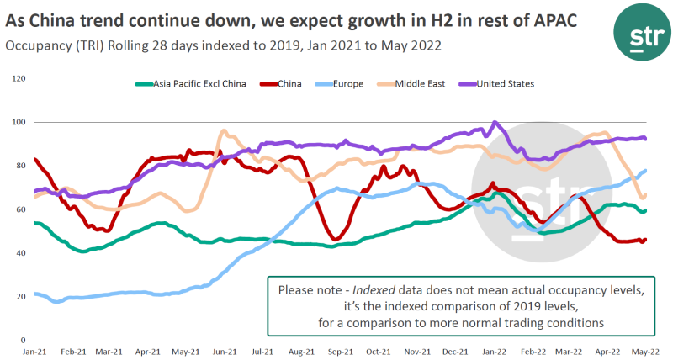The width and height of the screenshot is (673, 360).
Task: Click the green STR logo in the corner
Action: [639, 33]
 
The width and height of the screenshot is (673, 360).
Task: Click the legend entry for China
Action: [289, 84]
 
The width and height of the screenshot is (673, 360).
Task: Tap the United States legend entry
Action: [506, 84]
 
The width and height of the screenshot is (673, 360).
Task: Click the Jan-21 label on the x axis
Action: [34, 351]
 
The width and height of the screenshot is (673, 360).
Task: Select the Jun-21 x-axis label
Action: [225, 351]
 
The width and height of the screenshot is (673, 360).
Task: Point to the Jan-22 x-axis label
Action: [494, 351]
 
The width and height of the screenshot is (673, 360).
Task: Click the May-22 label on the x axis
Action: [645, 351]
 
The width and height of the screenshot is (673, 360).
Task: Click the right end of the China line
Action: [645, 240]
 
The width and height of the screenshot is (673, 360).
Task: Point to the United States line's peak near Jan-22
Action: [494, 122]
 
